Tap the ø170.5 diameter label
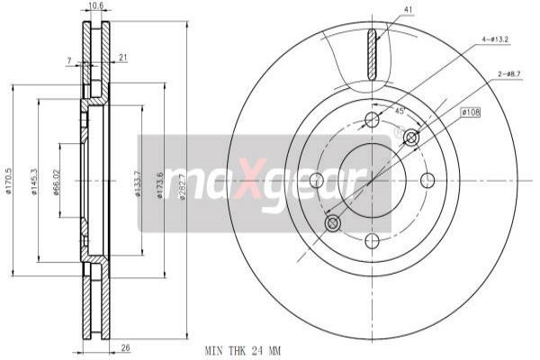coord(9,180)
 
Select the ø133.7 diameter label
coord(138,183)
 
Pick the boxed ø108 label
coord(472,112)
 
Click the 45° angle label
coord(399,111)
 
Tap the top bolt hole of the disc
coord(373,120)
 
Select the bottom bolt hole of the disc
coord(373,239)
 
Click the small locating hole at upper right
coord(411,137)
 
